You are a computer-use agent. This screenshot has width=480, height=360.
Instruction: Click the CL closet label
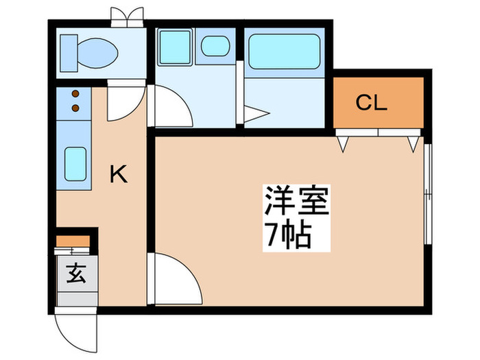click(x=372, y=104)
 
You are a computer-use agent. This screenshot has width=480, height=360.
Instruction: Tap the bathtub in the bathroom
click(x=284, y=51)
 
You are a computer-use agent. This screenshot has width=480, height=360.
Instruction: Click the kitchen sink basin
click(x=74, y=162)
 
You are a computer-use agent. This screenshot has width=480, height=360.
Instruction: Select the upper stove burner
click(x=74, y=95)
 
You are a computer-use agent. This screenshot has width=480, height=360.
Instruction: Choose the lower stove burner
click(x=74, y=108)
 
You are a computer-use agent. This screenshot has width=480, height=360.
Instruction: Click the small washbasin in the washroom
click(x=215, y=47)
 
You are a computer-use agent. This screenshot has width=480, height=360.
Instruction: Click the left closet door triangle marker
click(x=344, y=143)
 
